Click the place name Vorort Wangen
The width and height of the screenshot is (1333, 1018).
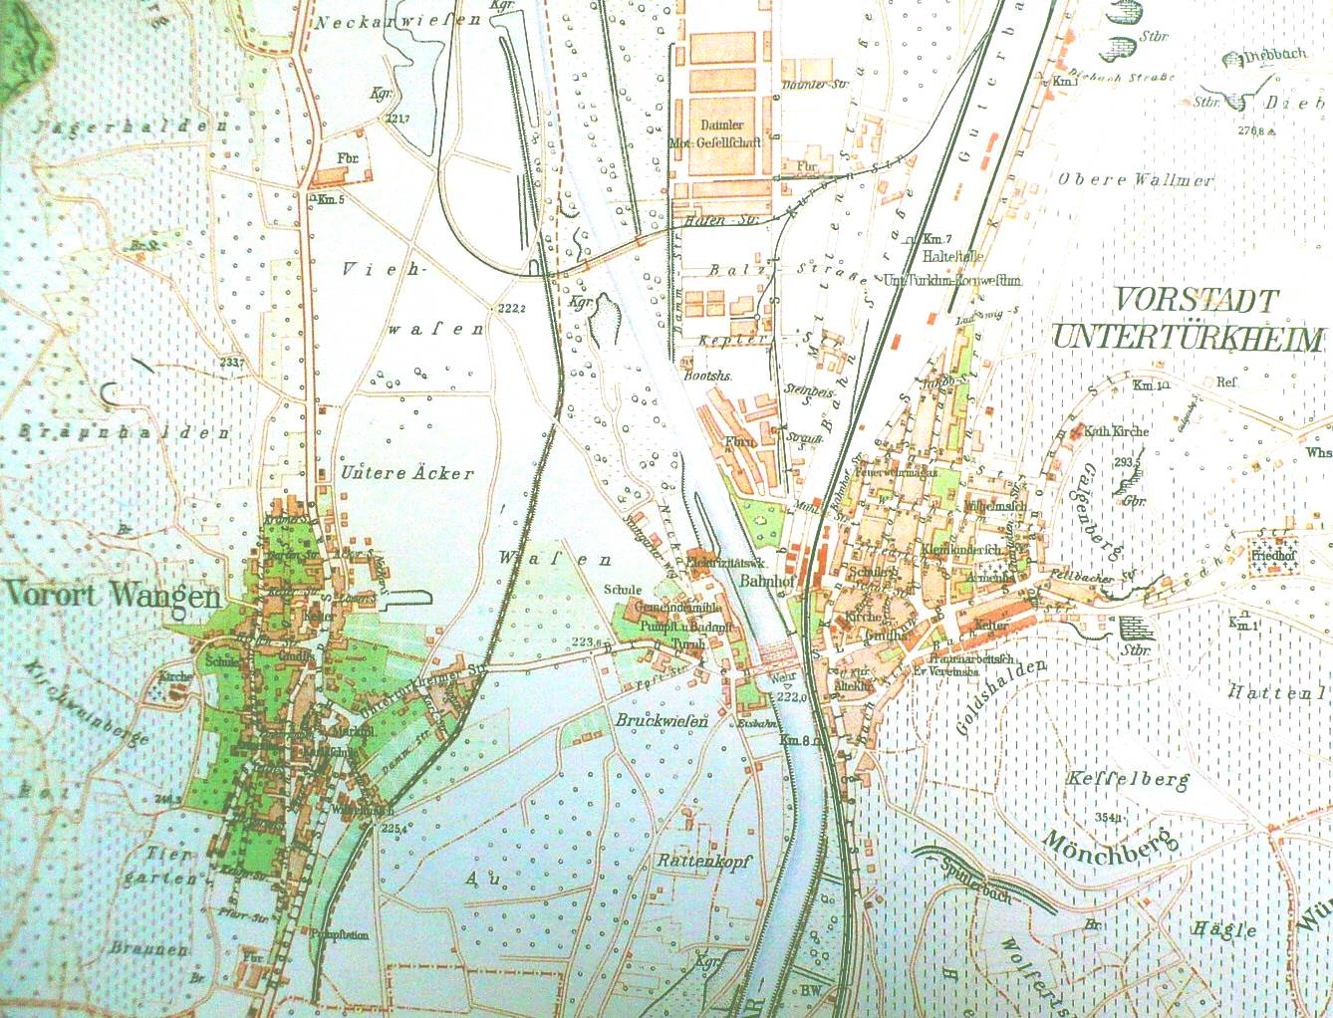(112, 595)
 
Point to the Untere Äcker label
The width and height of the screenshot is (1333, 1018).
(407, 472)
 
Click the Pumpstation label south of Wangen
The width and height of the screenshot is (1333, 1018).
(341, 935)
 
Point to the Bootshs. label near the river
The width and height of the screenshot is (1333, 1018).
(708, 377)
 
